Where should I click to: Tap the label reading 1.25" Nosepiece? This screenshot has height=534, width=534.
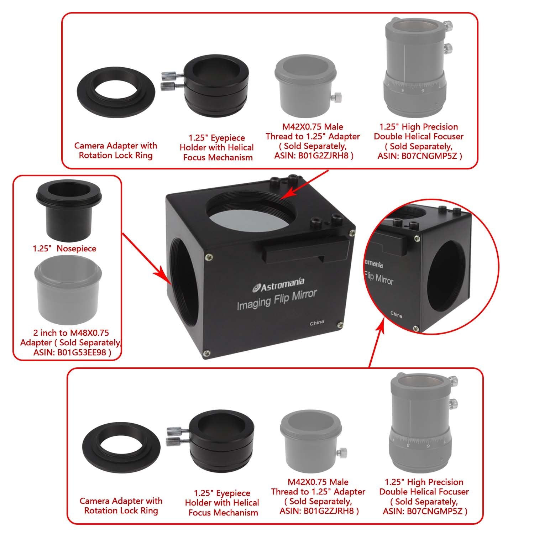[64, 248]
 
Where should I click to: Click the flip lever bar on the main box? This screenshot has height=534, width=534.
[303, 251]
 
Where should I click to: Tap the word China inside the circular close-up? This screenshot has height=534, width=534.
[396, 315]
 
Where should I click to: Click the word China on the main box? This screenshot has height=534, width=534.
[316, 323]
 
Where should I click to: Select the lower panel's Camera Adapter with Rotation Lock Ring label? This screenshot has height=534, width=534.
[121, 506]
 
